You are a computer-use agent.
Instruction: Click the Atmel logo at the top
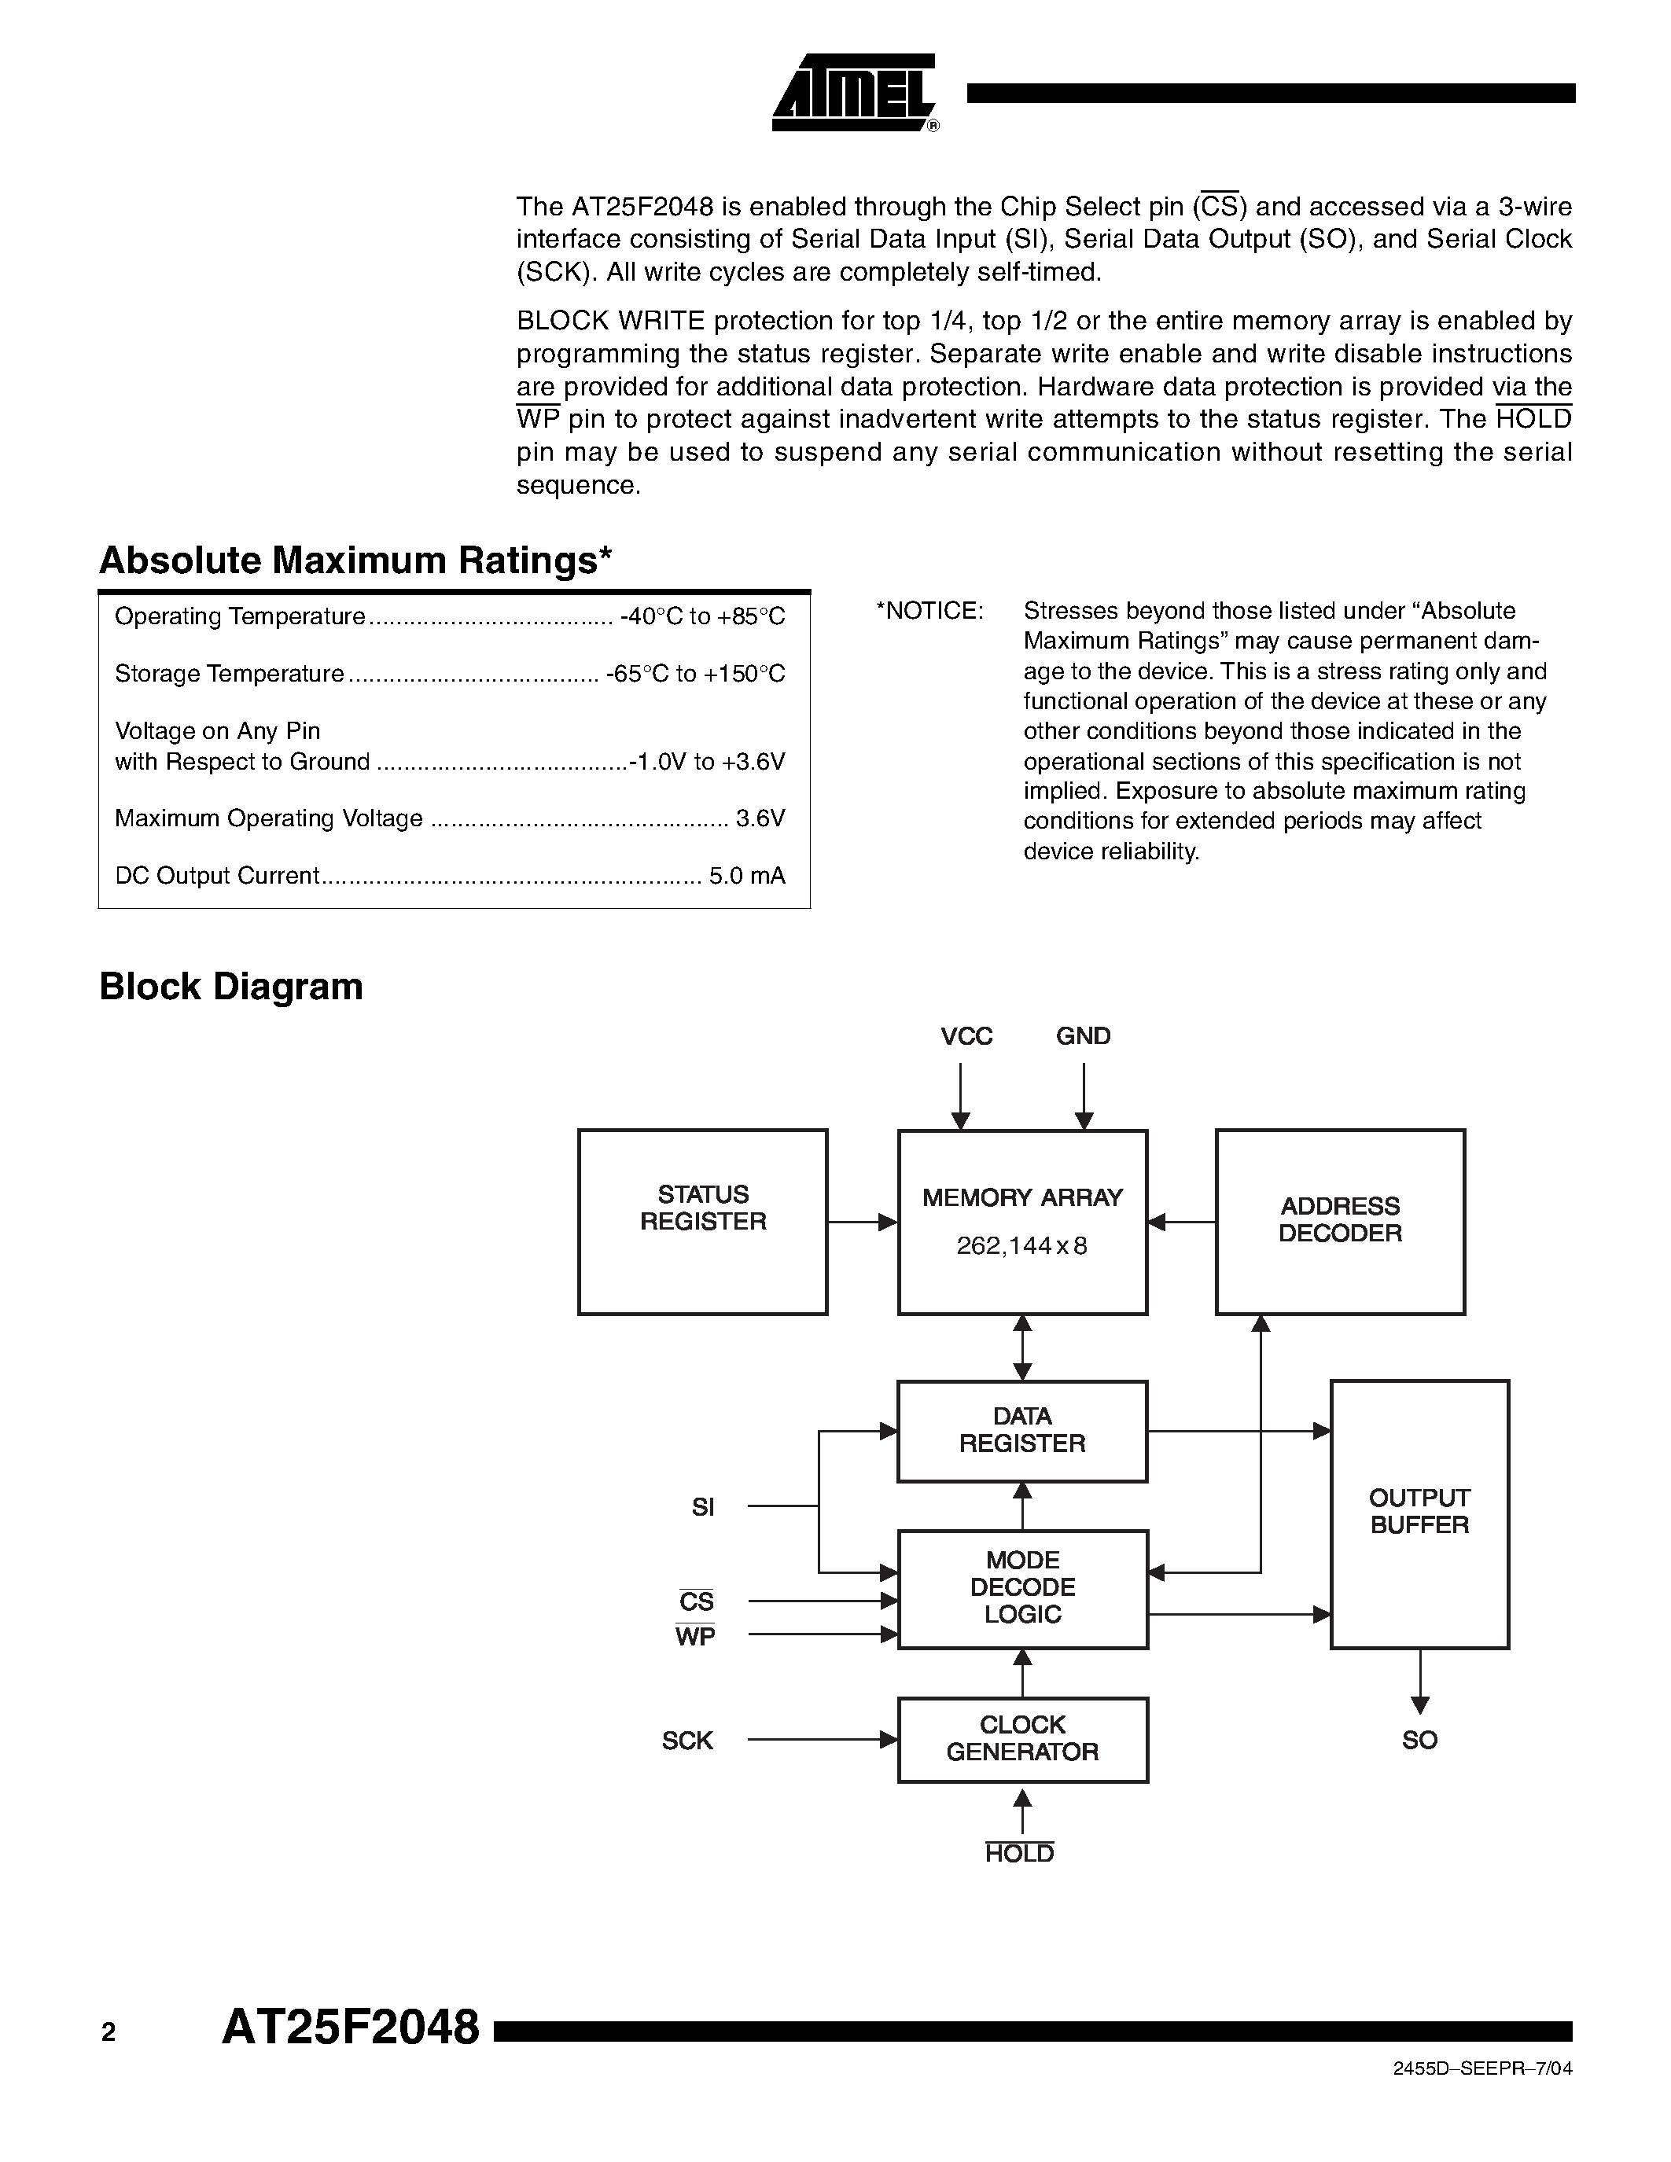(854, 93)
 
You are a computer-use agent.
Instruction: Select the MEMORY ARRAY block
(1021, 1222)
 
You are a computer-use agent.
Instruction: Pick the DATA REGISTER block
(1021, 1430)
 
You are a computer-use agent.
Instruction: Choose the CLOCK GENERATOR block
(1021, 1739)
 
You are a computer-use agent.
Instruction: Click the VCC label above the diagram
(966, 1036)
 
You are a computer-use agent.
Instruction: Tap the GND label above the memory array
(1083, 1036)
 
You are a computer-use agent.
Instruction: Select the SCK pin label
(687, 1741)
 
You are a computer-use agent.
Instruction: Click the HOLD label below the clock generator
(1020, 1854)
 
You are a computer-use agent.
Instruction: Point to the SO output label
(1419, 1741)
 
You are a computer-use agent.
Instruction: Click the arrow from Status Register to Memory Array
(861, 1223)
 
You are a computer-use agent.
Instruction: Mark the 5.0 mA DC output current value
(746, 876)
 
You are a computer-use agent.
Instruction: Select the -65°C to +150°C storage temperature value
(696, 674)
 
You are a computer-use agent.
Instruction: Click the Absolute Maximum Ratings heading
(355, 561)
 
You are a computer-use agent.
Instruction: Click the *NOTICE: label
(929, 611)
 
